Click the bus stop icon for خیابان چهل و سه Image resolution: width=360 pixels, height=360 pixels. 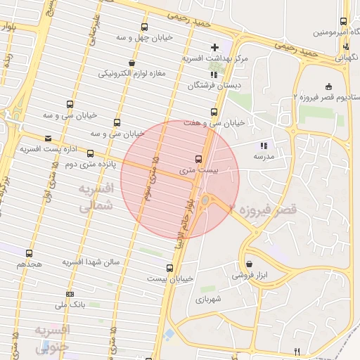point(144,27)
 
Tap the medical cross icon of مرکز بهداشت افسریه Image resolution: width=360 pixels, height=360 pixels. point(214,47)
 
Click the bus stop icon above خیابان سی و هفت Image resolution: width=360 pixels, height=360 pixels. point(214,112)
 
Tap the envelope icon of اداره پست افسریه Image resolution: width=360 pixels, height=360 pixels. point(48,139)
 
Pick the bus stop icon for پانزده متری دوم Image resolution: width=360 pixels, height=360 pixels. point(90,153)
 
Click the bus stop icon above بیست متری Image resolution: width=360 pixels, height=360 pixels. point(198,159)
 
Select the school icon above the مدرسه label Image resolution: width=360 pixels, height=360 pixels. point(274,145)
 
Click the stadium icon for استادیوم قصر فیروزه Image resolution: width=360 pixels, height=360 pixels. point(329,86)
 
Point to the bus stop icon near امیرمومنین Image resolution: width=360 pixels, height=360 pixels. point(343,21)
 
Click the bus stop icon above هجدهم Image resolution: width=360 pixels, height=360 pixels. point(29,253)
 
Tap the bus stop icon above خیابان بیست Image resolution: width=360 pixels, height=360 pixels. point(169,268)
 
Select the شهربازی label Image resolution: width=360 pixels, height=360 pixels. point(210,299)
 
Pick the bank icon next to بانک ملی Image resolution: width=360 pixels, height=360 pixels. point(70,293)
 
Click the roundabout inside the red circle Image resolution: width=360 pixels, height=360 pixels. point(205,202)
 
